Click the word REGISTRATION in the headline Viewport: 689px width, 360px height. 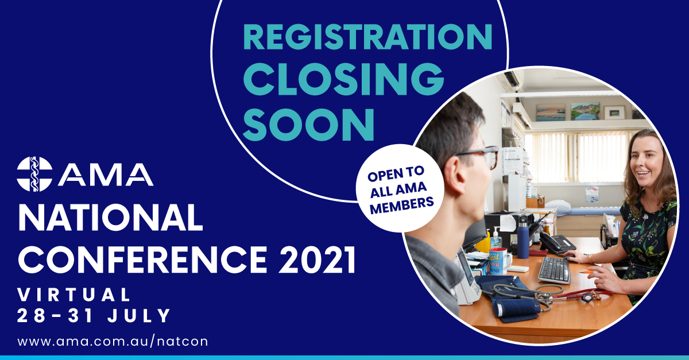click(368, 37)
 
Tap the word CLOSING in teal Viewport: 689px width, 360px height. click(343, 79)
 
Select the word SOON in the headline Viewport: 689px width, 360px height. click(308, 125)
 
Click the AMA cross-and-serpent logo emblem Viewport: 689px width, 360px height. click(34, 174)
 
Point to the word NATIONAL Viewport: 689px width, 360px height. click(111, 218)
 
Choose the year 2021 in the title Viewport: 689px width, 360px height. click(317, 260)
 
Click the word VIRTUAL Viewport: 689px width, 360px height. click(74, 295)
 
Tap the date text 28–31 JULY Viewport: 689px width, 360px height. click(94, 315)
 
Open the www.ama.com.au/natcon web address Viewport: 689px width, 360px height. click(113, 342)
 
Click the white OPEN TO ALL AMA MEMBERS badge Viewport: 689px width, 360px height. click(400, 188)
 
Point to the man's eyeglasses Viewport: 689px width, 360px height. click(480, 156)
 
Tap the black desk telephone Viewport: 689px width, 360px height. click(557, 243)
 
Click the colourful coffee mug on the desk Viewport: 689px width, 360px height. click(499, 261)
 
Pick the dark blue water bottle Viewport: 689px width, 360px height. click(522, 238)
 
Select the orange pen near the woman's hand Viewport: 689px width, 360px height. click(586, 272)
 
